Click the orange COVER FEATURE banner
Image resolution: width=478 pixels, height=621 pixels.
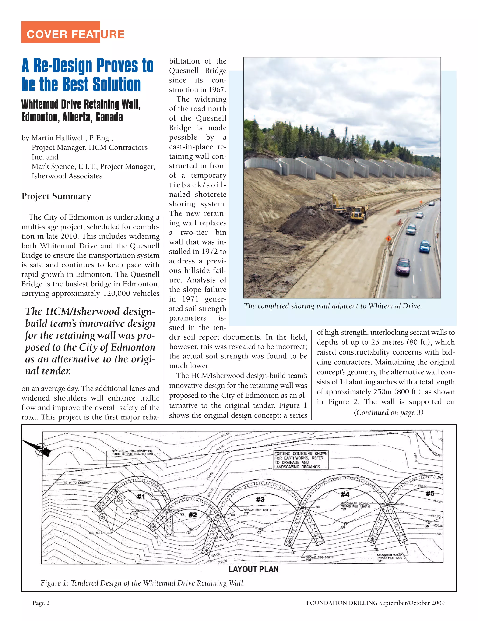coord(60,32)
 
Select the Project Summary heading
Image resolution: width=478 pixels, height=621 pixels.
coord(56,196)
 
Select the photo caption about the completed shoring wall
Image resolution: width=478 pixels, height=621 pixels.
coord(333,306)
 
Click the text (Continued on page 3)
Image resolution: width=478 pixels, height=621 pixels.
coord(388,413)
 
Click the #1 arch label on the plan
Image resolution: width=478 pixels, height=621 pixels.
coord(141,497)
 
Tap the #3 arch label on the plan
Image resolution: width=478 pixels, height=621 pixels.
coord(260,500)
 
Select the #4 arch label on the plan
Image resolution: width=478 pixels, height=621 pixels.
coord(345,494)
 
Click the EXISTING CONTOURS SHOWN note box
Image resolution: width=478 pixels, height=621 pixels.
coord(301,460)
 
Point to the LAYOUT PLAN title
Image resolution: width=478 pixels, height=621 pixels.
coord(253,569)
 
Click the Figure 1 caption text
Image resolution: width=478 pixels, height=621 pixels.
coord(142,583)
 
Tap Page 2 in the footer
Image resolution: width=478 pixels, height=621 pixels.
coord(41,603)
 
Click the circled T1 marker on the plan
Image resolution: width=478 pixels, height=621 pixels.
coord(103,518)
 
